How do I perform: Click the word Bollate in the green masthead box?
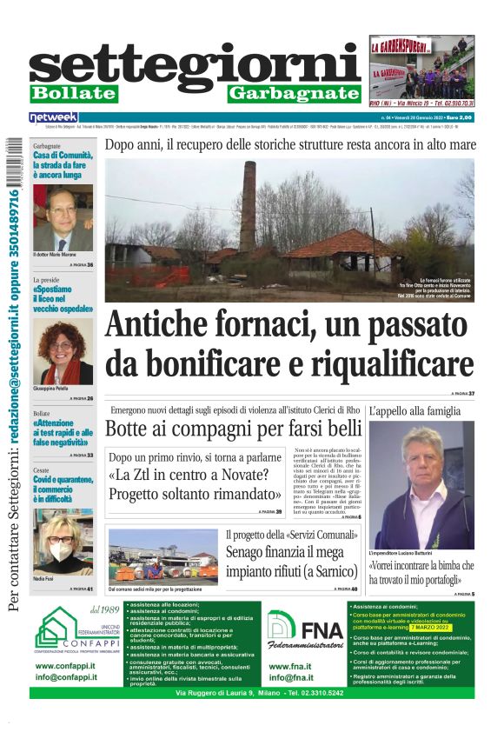[73, 93]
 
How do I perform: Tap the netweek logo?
[53, 116]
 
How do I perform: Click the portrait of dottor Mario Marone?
[63, 217]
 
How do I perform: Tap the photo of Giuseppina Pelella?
[63, 351]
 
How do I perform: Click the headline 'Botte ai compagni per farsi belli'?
[234, 429]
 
